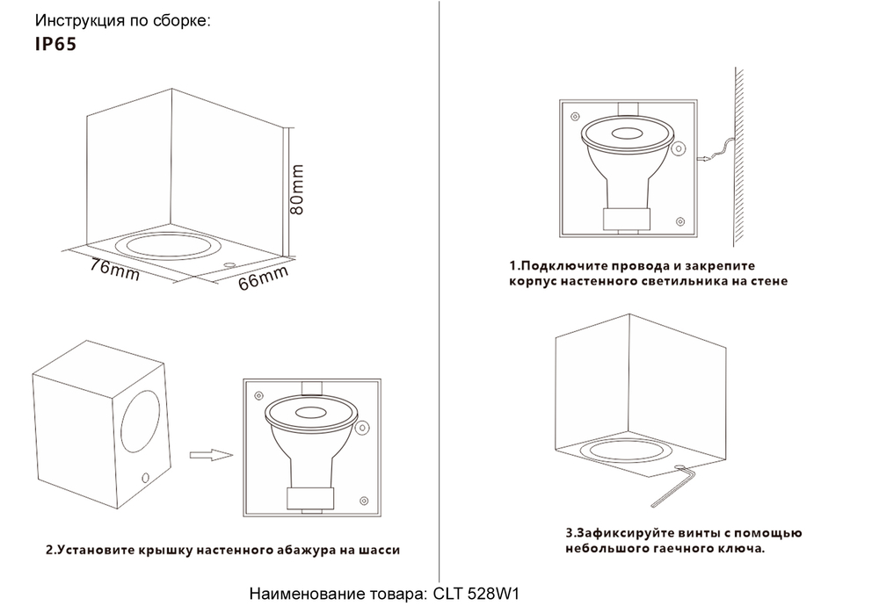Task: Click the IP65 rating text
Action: (x=55, y=45)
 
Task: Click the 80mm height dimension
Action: (x=297, y=189)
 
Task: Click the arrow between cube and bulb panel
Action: (x=210, y=455)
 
